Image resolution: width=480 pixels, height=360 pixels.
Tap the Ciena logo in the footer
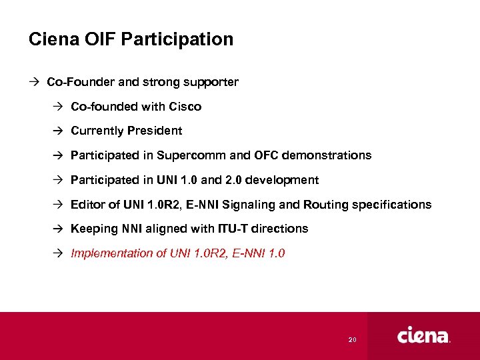tap(423, 335)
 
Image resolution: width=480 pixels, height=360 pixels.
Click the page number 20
tap(352, 340)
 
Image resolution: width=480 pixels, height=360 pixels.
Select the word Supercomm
tap(191, 155)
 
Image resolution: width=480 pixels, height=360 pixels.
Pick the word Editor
tap(86, 205)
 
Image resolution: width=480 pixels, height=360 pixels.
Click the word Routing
tap(329, 205)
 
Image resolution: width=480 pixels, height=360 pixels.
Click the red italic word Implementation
tap(110, 253)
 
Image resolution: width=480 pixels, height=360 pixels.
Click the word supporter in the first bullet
tap(212, 83)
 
